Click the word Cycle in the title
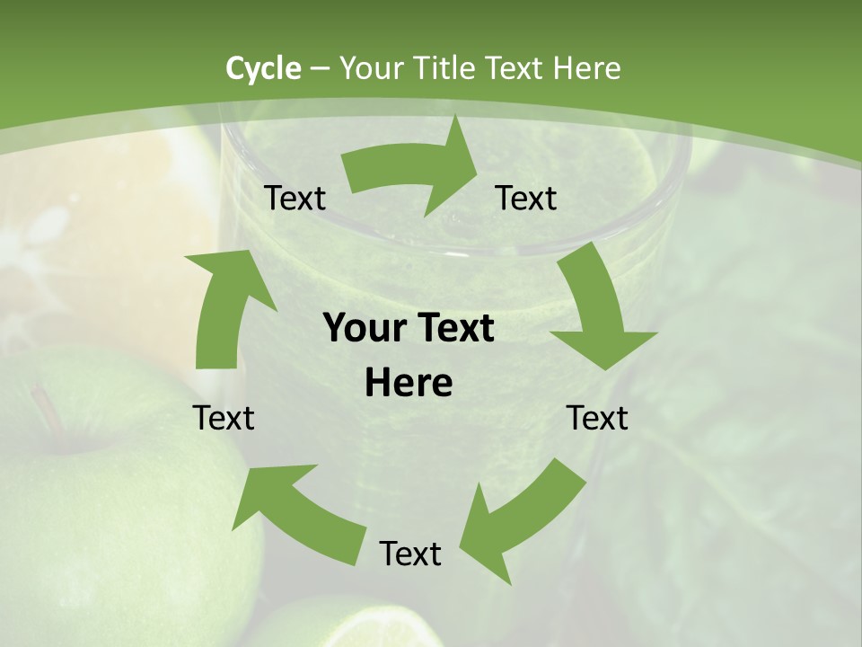click(x=263, y=68)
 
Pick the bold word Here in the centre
click(x=409, y=384)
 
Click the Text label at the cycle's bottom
click(x=410, y=554)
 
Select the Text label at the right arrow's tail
click(x=295, y=199)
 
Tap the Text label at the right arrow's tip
click(x=526, y=199)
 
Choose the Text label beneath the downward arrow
click(x=597, y=419)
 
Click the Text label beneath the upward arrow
click(x=224, y=419)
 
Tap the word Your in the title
click(x=367, y=68)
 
